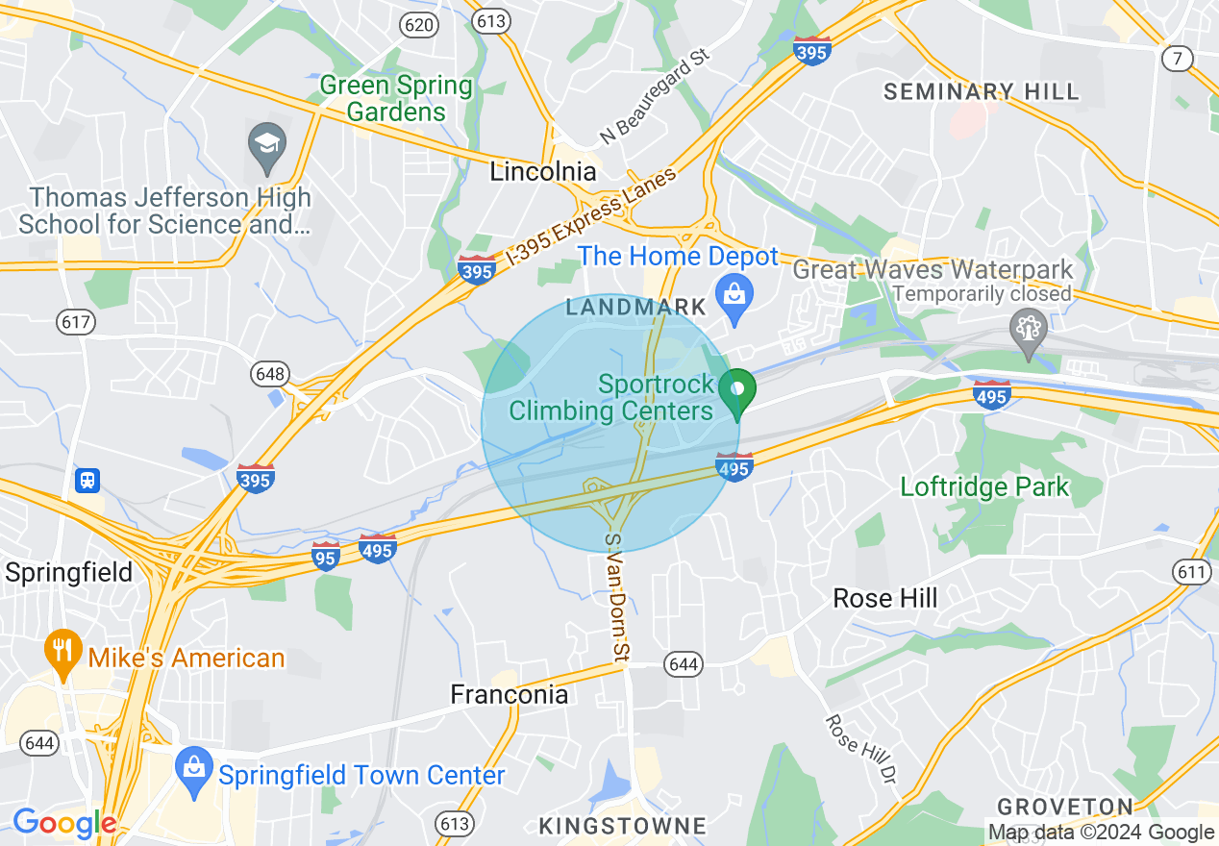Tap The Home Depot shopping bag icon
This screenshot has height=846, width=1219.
(734, 290)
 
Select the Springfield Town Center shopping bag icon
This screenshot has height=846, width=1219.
(194, 766)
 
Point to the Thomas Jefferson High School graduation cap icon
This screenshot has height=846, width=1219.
(266, 144)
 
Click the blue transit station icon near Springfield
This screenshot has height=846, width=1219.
(87, 479)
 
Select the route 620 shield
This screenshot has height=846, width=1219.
(419, 24)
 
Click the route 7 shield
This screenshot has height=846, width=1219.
(1177, 59)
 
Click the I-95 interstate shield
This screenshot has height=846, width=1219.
(326, 555)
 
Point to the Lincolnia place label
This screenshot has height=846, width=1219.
(543, 172)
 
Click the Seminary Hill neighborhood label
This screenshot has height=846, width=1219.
(982, 92)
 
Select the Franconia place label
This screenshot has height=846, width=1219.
(510, 694)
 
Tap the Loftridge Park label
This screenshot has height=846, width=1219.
(984, 486)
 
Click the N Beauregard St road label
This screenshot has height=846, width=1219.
(655, 97)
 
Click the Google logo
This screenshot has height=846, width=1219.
(63, 823)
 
